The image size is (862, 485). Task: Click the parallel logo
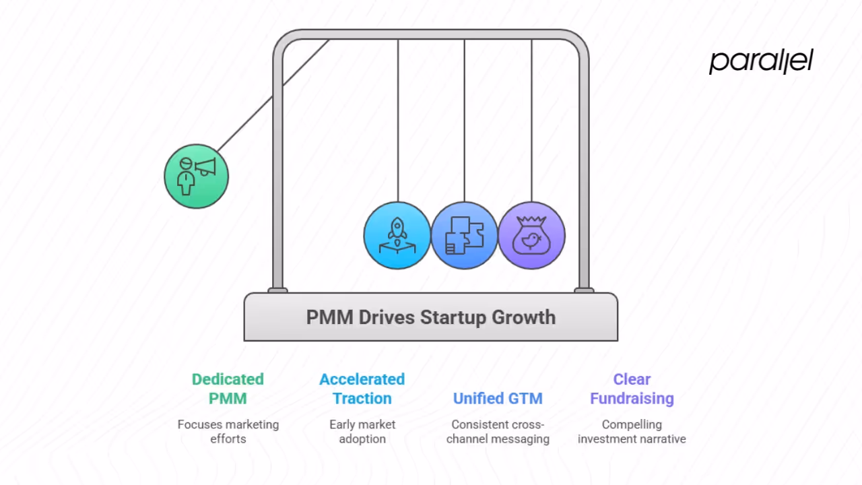pos(761,61)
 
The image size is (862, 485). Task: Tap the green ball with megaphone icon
pos(197,176)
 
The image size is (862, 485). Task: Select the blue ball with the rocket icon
pos(397,235)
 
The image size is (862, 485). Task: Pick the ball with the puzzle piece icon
pos(465,235)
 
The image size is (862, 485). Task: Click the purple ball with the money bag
pos(531,235)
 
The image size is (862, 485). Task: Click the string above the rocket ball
pos(397,121)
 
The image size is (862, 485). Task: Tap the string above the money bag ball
pos(531,121)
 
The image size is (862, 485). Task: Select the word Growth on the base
pos(523,317)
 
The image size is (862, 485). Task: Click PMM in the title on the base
pos(329,317)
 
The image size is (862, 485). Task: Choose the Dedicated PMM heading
pos(228,389)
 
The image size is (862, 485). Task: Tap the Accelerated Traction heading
pos(362,389)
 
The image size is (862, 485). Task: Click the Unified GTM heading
pos(498,398)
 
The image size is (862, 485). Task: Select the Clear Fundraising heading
pos(632,389)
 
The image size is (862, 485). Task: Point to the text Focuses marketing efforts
pos(228,431)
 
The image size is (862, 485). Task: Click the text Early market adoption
pos(362,431)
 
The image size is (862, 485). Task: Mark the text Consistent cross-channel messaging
pos(498,431)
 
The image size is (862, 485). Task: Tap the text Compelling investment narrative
pos(632,431)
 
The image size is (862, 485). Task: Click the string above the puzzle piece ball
pos(465,121)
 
